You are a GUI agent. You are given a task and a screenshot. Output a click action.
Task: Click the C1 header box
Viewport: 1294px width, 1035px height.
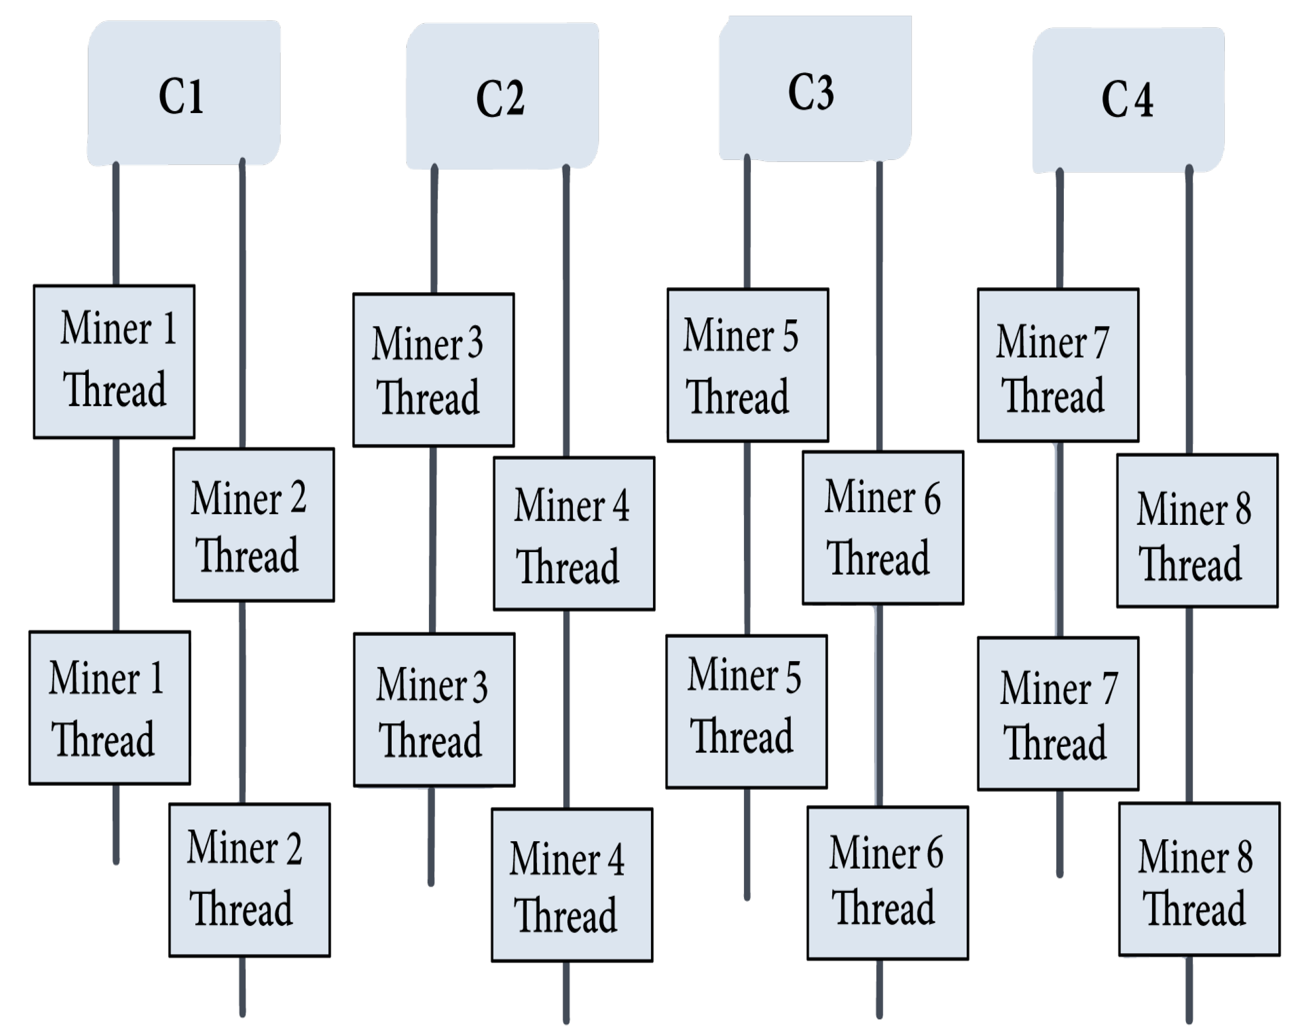(x=184, y=93)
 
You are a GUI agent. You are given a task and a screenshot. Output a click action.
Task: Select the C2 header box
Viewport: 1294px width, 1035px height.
(x=502, y=96)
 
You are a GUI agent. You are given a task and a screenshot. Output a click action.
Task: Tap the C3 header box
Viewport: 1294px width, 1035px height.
(x=815, y=89)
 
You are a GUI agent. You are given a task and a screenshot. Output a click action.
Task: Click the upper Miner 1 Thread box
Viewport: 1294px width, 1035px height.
(x=114, y=362)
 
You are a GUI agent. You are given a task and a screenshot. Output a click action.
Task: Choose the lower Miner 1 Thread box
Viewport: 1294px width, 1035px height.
(x=110, y=708)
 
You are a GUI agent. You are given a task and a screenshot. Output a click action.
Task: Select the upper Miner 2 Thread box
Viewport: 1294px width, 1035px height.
(x=254, y=525)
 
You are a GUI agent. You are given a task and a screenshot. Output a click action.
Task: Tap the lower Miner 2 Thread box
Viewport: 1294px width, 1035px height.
(x=250, y=880)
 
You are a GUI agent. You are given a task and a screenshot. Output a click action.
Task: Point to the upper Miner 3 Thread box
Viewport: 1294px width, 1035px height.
(x=434, y=370)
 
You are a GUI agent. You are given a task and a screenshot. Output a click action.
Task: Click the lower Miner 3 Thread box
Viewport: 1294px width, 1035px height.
(x=434, y=710)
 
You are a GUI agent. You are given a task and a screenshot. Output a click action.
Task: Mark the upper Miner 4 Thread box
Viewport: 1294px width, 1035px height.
(x=574, y=534)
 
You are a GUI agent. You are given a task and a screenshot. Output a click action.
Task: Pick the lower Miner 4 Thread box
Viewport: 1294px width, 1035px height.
(x=572, y=885)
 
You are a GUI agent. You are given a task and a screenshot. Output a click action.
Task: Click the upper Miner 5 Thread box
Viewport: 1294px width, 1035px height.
(x=748, y=365)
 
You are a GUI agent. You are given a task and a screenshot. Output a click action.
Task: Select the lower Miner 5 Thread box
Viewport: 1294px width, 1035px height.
(x=746, y=712)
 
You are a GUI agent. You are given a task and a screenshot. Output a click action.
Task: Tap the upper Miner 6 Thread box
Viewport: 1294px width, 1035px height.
(x=883, y=528)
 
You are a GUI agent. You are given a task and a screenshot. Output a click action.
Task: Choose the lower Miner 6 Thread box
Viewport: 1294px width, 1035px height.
(x=888, y=883)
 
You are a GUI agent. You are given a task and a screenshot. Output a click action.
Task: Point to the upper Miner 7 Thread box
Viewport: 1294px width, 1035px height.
(x=1058, y=365)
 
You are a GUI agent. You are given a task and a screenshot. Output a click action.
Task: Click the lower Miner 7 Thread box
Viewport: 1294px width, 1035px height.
(x=1058, y=714)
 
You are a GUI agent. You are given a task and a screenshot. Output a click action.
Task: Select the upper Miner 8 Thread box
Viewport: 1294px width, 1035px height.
(x=1198, y=531)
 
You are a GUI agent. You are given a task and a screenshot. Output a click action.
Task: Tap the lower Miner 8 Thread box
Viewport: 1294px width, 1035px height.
(x=1199, y=880)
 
